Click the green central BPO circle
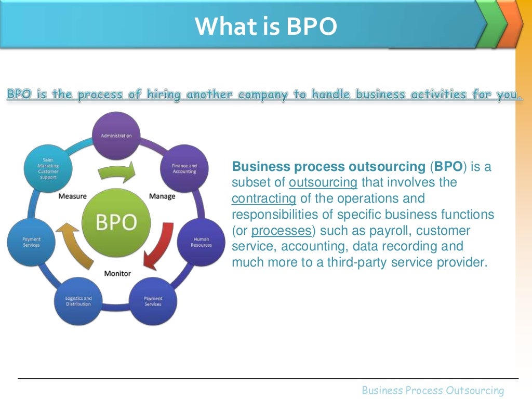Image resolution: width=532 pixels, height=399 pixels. point(116,222)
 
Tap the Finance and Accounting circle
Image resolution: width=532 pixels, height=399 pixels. point(184,169)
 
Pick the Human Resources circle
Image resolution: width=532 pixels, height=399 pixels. point(201,242)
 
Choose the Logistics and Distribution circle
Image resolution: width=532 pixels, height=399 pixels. point(78,301)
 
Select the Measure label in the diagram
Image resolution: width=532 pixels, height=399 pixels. point(72,196)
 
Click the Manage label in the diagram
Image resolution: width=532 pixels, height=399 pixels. point(162,196)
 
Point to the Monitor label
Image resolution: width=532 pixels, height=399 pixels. point(117,273)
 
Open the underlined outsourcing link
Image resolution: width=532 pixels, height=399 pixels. point(323,183)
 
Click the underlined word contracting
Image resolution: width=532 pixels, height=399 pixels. point(263,198)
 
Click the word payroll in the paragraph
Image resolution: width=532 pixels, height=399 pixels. point(388,231)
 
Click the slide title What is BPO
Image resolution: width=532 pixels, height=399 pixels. point(265,26)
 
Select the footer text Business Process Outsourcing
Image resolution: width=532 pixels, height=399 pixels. point(433,390)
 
